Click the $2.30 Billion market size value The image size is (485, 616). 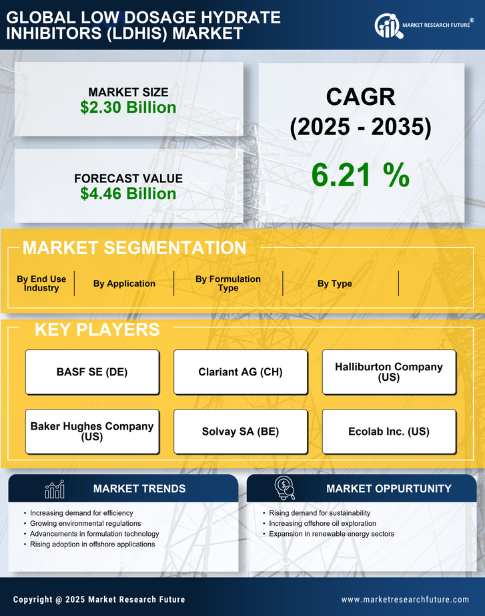coord(128,108)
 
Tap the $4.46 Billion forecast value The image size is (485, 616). coord(128,194)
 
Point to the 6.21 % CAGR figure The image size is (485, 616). coord(360,175)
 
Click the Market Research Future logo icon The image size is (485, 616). coord(387,26)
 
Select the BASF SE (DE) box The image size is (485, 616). coord(92,372)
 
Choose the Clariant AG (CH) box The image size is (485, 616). coord(240,372)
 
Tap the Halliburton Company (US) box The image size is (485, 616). coord(389,372)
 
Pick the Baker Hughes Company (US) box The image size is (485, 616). coord(92,432)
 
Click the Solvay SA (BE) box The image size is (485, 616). coord(240,432)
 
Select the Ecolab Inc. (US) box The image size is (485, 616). coord(389,432)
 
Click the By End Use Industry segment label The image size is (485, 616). coord(41,284)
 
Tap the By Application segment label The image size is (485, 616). coord(124,284)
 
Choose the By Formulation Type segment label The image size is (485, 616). coord(228,284)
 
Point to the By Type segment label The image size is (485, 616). coord(335,284)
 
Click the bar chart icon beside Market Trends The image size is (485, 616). coord(55,489)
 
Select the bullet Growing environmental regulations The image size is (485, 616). coord(85,524)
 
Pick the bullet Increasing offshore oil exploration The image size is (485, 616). coord(322,524)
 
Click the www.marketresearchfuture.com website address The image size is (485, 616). coord(405,599)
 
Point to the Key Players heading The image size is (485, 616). coord(97,329)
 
